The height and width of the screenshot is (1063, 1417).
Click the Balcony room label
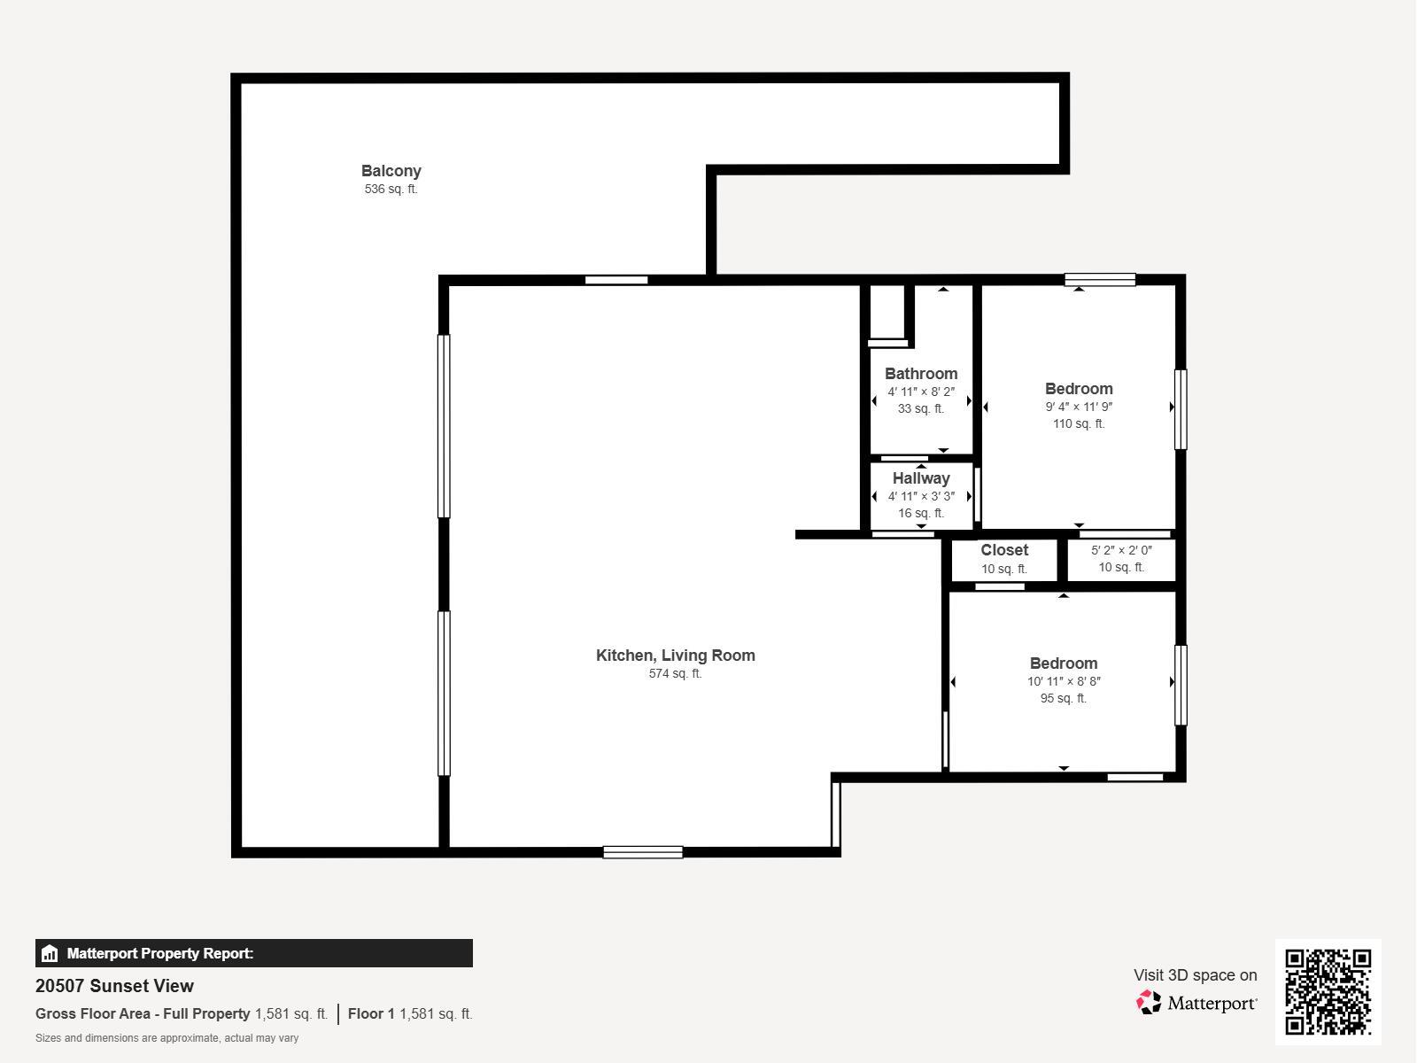coord(391,171)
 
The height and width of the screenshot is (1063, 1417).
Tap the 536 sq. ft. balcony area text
coord(391,189)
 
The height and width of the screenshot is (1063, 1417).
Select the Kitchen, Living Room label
coord(675,656)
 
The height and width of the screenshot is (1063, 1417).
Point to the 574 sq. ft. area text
coord(675,674)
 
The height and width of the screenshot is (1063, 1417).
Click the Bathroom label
coord(920,374)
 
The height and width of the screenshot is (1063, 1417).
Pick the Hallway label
coord(921,478)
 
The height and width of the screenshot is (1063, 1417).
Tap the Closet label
coord(1004,550)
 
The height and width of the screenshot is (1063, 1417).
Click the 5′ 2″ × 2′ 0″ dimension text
coord(1121,550)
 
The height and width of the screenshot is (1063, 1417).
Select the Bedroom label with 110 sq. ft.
coord(1079,389)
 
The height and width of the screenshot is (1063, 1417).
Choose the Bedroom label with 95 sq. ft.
coord(1064,663)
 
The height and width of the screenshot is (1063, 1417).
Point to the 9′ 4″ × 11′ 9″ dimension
coord(1079,407)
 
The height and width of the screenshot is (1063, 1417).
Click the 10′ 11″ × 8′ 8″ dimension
coord(1064,681)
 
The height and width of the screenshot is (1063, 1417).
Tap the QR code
coord(1328,991)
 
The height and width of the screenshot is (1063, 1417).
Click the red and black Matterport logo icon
coord(1149,1003)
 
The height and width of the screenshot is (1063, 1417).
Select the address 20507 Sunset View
coord(114,986)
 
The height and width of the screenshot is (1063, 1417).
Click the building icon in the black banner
coord(50,953)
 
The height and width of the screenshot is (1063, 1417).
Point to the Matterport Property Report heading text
coord(160,953)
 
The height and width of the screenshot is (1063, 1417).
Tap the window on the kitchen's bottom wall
coord(643,852)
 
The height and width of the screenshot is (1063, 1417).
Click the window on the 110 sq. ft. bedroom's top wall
coord(1100,279)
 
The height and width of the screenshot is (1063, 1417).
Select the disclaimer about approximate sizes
coord(166,1038)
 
